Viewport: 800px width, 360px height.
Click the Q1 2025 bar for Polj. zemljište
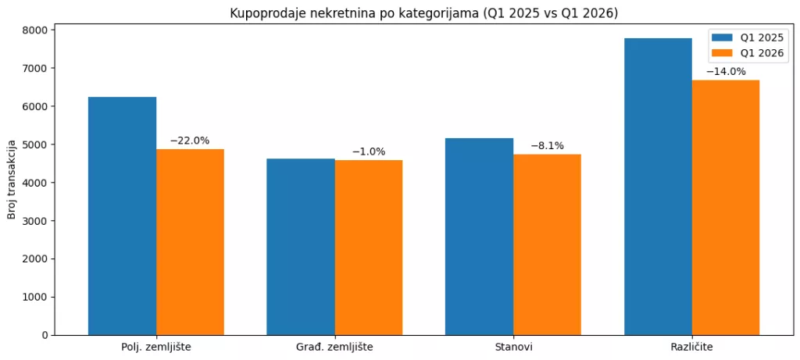(x=122, y=216)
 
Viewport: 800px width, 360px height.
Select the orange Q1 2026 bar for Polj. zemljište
(x=190, y=242)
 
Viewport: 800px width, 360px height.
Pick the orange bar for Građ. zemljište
(x=369, y=248)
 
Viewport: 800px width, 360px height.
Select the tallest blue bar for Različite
(x=658, y=187)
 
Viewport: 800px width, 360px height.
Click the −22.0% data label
(x=190, y=141)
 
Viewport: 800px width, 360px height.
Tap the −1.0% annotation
(x=369, y=151)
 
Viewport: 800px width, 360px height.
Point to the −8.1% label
(x=547, y=145)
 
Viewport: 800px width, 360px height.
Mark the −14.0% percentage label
(x=726, y=71)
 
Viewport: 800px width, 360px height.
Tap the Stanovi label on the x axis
(x=513, y=346)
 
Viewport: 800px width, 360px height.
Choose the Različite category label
(x=691, y=346)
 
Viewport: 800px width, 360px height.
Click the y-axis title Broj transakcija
(x=12, y=182)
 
